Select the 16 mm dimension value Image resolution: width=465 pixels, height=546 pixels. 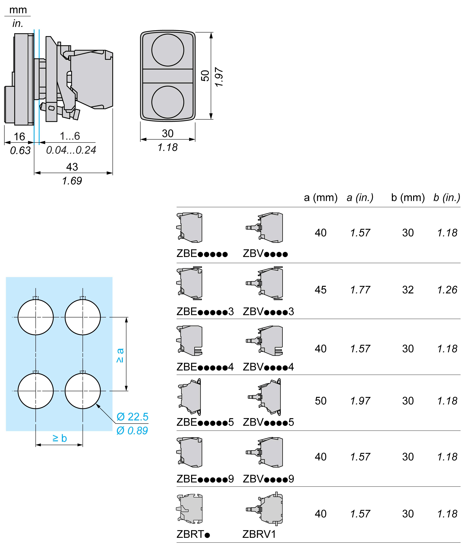(x=19, y=136)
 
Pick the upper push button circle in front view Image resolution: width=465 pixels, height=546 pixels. (x=168, y=50)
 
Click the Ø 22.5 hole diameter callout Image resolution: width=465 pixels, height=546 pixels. (x=132, y=417)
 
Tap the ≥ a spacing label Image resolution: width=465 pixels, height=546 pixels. (x=120, y=355)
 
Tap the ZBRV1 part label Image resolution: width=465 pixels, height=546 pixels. (x=259, y=534)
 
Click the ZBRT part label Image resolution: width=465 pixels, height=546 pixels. (x=193, y=534)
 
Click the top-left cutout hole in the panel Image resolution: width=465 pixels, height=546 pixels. (x=36, y=317)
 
